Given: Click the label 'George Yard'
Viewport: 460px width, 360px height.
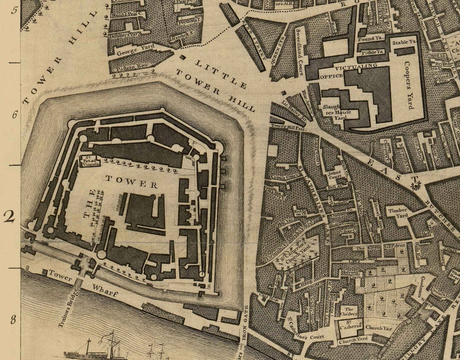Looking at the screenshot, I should click(132, 52).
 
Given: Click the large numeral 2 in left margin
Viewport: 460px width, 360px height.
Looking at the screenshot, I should click(9, 217).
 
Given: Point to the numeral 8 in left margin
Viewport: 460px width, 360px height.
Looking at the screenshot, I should click(14, 321).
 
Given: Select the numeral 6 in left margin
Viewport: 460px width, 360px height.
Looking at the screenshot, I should click(14, 115).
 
